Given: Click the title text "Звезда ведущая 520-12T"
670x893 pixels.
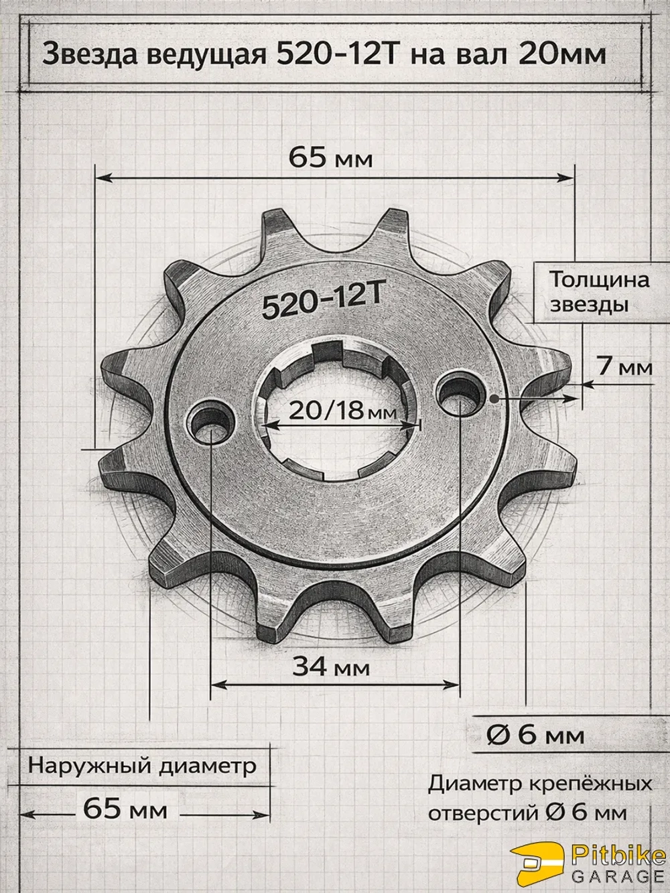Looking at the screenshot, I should [x=221, y=54].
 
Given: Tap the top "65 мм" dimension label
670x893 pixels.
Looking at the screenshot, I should [x=330, y=159].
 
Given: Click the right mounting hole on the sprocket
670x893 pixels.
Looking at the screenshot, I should [x=460, y=391].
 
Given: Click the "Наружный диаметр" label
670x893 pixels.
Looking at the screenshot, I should [x=141, y=766].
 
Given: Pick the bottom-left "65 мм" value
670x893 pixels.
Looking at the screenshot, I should [x=125, y=809].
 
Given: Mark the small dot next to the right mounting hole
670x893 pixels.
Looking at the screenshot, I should [x=494, y=398].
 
